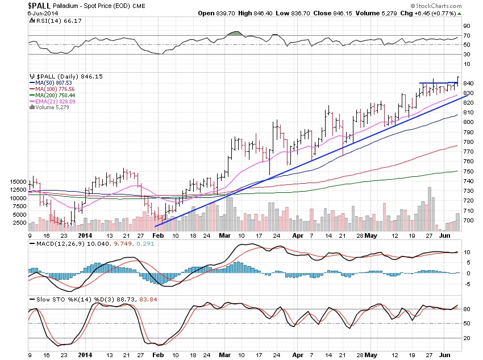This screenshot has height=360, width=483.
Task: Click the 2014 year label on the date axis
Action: point(85,235)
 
